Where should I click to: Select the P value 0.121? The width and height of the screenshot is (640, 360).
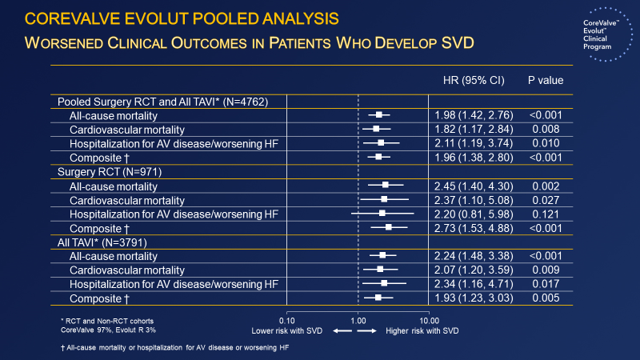click(545, 214)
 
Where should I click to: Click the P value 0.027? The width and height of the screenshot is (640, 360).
click(545, 199)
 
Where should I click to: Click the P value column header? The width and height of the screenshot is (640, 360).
click(545, 81)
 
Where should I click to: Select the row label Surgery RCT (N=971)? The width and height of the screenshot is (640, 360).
click(106, 172)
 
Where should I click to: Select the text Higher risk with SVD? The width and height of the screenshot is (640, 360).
click(422, 330)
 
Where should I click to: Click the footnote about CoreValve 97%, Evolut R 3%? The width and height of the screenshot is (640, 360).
click(113, 330)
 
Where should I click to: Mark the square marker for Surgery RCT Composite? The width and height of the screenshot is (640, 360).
click(389, 227)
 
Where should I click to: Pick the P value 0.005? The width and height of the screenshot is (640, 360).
click(545, 298)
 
